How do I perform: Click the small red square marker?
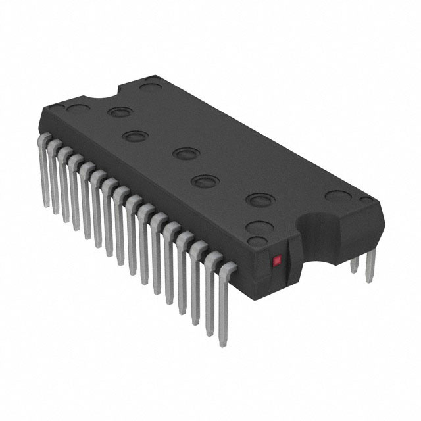point(276,260)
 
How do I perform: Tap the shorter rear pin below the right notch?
point(355,264)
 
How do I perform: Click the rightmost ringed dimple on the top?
point(259,199)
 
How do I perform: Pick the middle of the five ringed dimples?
point(185,154)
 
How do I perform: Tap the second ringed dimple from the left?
point(134,137)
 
